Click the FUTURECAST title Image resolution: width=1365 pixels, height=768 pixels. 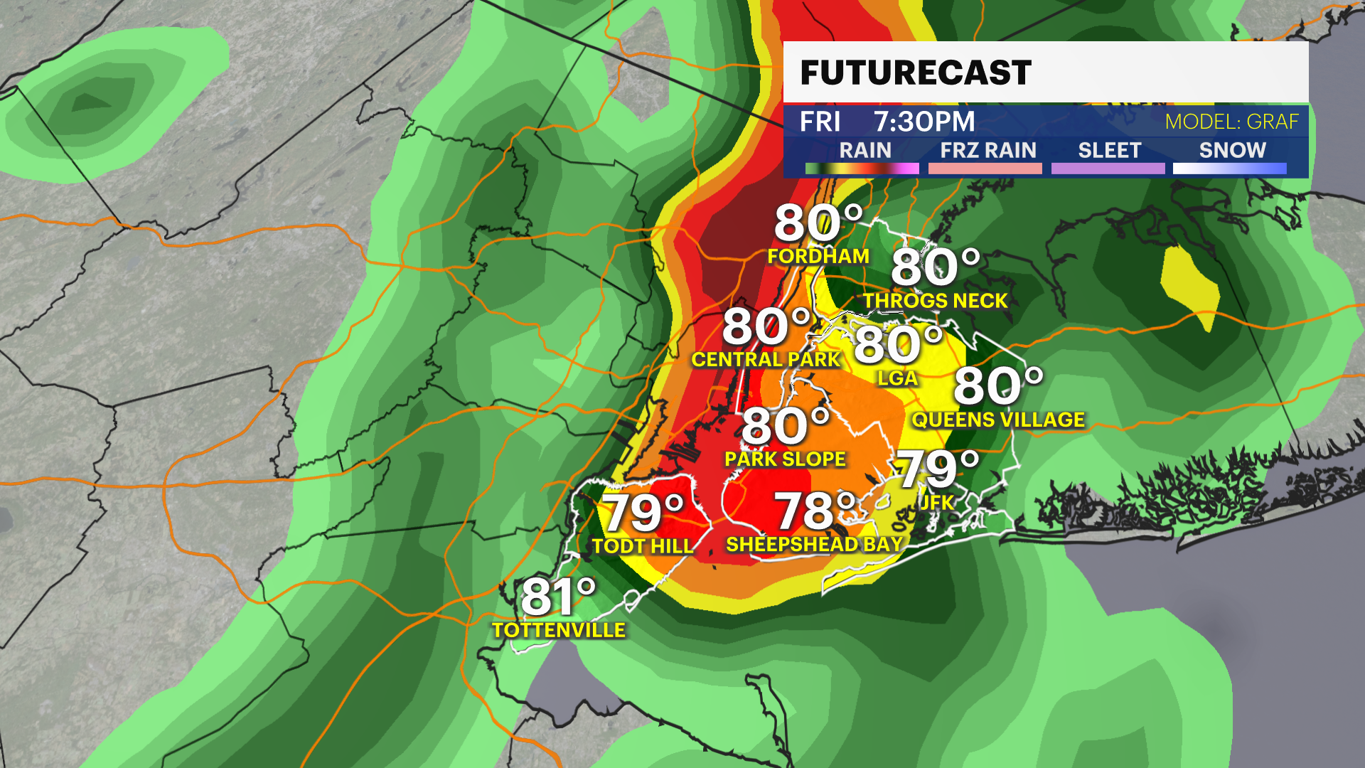coord(916,73)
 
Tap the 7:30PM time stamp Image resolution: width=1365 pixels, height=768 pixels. coord(924,122)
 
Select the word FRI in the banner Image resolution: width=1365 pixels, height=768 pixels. coord(820,122)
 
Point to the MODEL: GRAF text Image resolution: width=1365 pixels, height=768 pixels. coord(1231,122)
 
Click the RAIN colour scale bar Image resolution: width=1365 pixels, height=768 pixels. coord(862,169)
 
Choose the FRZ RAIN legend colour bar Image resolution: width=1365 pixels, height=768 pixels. coord(985,169)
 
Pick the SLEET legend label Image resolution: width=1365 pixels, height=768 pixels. coord(1109,150)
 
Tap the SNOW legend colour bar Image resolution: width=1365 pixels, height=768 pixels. coord(1229,169)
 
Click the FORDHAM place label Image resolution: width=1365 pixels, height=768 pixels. coord(818,256)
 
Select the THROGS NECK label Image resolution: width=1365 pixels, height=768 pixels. coord(936,301)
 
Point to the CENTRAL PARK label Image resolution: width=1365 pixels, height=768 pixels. coord(766,360)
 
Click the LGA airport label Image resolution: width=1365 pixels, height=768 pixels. coord(897,378)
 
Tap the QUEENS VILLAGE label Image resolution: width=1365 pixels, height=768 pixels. coord(998,420)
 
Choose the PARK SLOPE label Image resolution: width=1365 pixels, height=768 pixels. coord(785,459)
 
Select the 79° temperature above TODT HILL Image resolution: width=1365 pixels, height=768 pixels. coord(643,513)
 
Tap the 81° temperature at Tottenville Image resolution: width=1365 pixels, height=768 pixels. coord(558,597)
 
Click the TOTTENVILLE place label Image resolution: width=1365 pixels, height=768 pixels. coord(559,630)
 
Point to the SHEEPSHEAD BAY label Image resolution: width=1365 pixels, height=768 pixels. coord(814,545)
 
